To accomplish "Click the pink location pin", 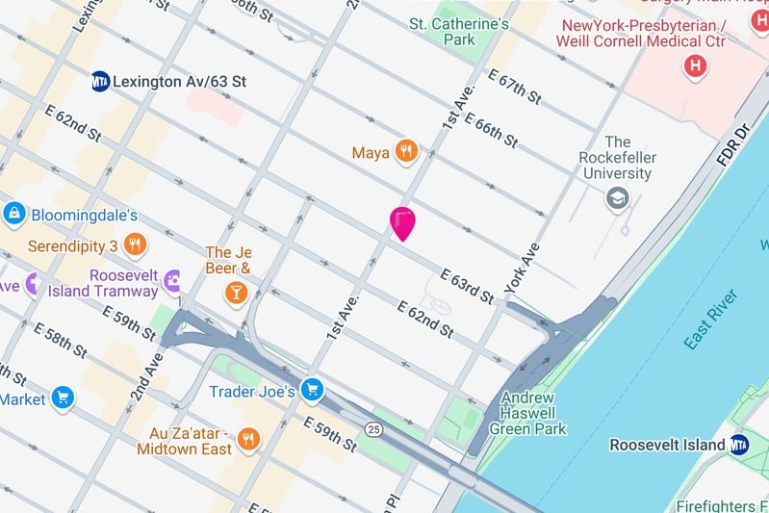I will (402, 222).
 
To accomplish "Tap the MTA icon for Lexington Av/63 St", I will (99, 81).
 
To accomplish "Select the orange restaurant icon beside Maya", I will (408, 151).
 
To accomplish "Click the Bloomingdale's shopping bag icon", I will (13, 214).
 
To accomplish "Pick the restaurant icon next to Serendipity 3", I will (135, 244).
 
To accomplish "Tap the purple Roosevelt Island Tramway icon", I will (173, 281).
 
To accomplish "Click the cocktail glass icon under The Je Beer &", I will (235, 292).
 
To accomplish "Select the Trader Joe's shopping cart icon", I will (311, 390).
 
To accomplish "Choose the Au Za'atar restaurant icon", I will (249, 439).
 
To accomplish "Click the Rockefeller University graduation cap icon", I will (616, 199).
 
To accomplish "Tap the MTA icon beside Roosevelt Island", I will (738, 444).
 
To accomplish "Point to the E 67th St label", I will (514, 89).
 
